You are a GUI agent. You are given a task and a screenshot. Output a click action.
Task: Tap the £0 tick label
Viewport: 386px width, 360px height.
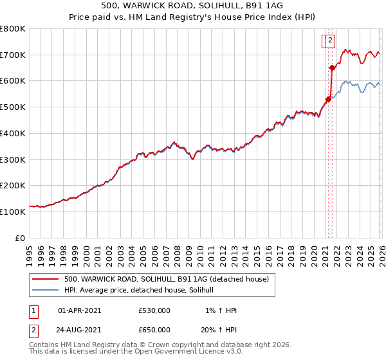click(x=21, y=238)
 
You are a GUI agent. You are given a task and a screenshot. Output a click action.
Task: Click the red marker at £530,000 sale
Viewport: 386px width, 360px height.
click(x=328, y=99)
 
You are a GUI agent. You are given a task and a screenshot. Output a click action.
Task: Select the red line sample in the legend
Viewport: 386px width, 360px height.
click(x=46, y=279)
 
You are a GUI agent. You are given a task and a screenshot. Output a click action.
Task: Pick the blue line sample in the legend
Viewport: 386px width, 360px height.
click(x=46, y=290)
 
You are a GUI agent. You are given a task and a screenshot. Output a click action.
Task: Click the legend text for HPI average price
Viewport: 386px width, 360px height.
click(x=143, y=290)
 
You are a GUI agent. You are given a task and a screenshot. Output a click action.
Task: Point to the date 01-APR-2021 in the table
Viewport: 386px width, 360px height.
click(x=79, y=310)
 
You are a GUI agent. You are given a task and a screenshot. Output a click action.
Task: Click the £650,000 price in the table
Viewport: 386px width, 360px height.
click(x=154, y=330)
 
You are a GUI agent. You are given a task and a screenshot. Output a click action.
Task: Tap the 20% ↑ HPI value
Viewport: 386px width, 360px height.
click(x=219, y=330)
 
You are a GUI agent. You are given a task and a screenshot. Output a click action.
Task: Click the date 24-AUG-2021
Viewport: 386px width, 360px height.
click(x=79, y=330)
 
